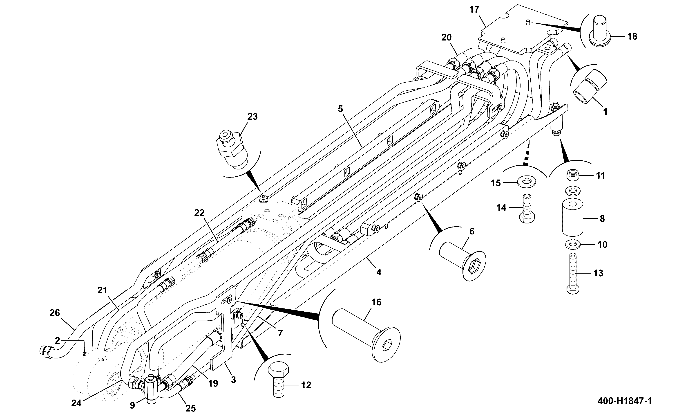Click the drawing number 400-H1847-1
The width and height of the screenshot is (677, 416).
(x=625, y=401)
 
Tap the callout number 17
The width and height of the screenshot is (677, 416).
(x=474, y=10)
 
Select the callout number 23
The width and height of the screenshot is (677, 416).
(x=252, y=117)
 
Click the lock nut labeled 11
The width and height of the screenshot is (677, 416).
(x=573, y=175)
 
